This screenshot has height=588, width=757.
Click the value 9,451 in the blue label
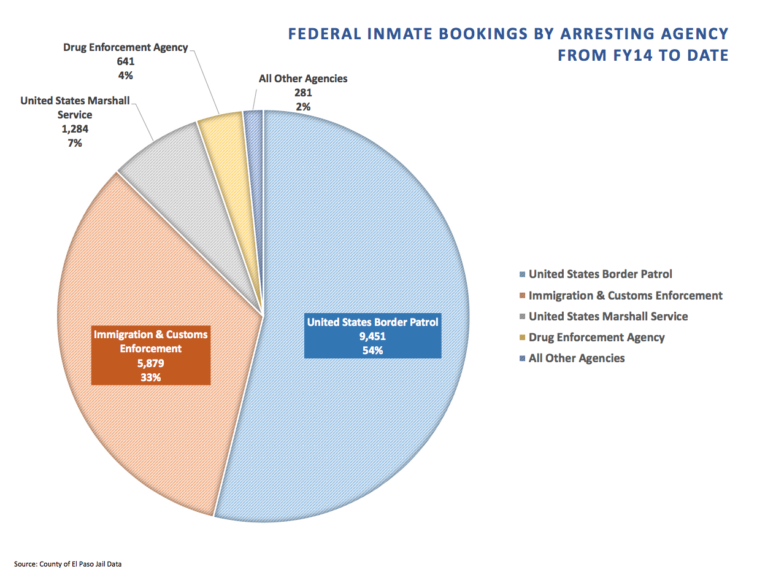(x=372, y=336)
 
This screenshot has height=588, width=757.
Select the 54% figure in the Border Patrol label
(x=372, y=350)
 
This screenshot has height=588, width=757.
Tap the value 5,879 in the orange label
(x=150, y=363)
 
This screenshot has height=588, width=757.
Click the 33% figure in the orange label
(x=150, y=377)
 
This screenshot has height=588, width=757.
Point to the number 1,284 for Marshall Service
(x=75, y=129)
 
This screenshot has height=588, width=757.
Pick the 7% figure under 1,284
(x=75, y=143)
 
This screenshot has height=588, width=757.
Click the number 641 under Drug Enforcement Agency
(x=126, y=61)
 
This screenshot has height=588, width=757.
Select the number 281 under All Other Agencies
(x=303, y=93)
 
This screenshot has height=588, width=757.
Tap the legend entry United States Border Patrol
(x=600, y=274)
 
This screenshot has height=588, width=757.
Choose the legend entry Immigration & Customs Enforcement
(x=625, y=296)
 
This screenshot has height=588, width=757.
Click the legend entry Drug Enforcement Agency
(x=596, y=338)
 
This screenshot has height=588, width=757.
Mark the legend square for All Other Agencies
(x=522, y=358)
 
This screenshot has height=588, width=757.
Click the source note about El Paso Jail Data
(x=68, y=564)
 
